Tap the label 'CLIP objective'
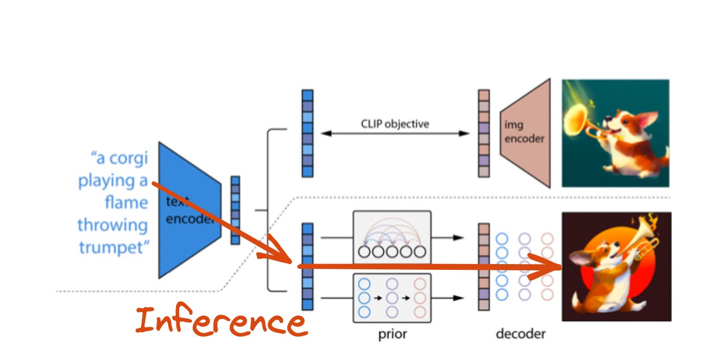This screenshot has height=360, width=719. point(395,124)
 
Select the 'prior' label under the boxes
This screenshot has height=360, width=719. point(393,334)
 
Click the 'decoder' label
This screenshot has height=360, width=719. point(520,334)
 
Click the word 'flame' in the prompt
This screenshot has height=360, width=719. point(127,203)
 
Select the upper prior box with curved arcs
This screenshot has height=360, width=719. point(392,237)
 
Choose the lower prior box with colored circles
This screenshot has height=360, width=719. point(392,298)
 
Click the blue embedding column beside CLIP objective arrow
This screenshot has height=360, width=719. point(307,133)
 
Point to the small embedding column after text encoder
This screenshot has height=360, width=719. point(235,210)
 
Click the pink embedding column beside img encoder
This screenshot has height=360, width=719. point(483,133)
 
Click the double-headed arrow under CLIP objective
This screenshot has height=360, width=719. point(395,134)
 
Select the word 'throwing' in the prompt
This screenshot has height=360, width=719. point(113,225)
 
